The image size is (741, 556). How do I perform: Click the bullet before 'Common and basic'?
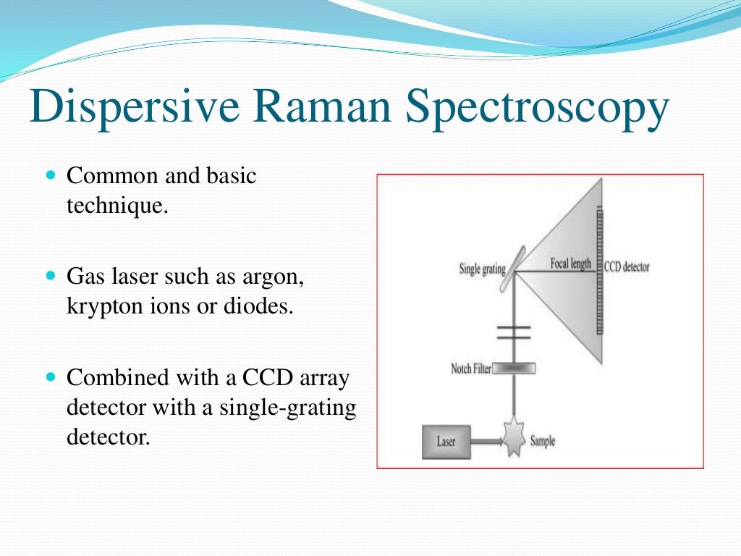pyautogui.click(x=50, y=176)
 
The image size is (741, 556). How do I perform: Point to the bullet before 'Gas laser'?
pyautogui.click(x=50, y=277)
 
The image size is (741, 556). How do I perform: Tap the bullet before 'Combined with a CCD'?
pyautogui.click(x=50, y=377)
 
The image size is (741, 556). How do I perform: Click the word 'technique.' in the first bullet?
pyautogui.click(x=117, y=206)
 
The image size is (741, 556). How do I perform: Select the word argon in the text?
pyautogui.click(x=284, y=277)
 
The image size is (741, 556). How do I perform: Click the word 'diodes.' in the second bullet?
pyautogui.click(x=260, y=306)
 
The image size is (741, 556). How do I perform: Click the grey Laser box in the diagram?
pyautogui.click(x=446, y=441)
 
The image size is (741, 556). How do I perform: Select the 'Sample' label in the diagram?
pyautogui.click(x=542, y=440)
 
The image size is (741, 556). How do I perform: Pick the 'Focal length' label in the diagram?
pyautogui.click(x=571, y=264)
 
